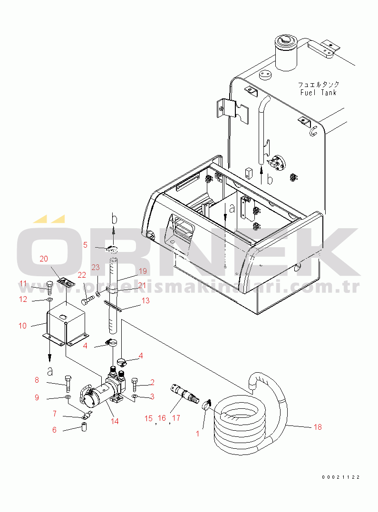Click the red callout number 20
(x=44, y=259)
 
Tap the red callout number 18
(x=318, y=427)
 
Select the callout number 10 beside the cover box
(x=22, y=326)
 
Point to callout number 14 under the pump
(x=115, y=421)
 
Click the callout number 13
(x=145, y=300)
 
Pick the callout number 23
(x=96, y=268)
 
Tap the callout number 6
(x=54, y=430)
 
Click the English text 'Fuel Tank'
(x=318, y=93)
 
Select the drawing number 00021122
(x=341, y=477)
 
